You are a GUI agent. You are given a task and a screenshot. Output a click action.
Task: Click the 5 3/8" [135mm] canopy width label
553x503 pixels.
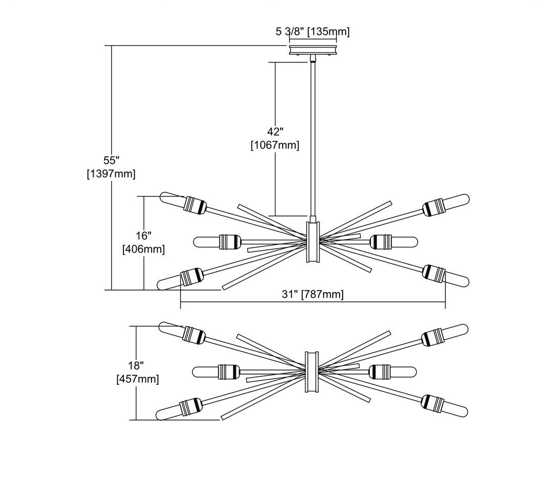pos(312,32)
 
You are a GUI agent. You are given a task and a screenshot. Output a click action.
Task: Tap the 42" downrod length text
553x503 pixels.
pos(275,131)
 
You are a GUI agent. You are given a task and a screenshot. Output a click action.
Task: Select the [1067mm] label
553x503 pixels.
pos(275,145)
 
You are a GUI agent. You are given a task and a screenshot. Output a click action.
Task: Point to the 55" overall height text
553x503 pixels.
pos(111,160)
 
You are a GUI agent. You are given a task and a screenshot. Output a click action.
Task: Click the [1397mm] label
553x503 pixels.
pos(111,174)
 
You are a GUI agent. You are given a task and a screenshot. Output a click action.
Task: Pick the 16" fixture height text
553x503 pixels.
pos(144,235)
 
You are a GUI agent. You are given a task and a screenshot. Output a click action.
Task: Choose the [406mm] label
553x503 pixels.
pos(144,250)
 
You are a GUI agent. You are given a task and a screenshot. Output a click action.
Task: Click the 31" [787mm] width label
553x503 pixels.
pos(313,294)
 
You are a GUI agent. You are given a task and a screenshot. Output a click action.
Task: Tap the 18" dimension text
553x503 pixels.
pos(136,365)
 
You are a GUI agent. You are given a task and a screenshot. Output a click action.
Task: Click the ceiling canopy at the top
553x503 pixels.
pos(312,50)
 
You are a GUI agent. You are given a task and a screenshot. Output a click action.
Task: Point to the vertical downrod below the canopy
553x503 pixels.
pos(312,138)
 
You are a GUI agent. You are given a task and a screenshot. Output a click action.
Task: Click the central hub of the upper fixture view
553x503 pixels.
pos(313,242)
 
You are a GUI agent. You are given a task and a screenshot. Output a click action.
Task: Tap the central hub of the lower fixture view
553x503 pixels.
pos(313,371)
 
